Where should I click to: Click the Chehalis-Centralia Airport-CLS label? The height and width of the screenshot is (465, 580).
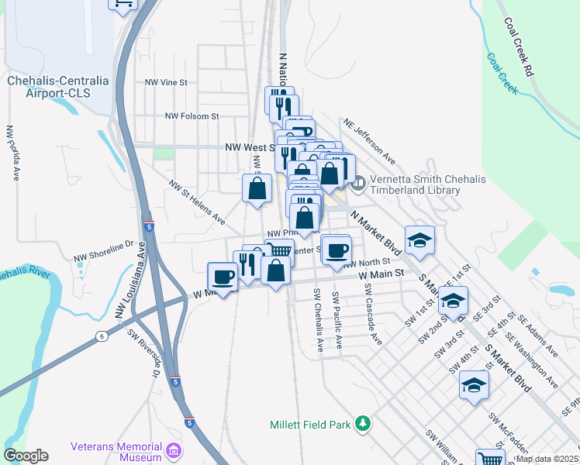(x=49, y=86)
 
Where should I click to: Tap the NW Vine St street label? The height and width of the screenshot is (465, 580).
(x=167, y=81)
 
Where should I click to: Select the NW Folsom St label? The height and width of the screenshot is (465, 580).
(x=192, y=116)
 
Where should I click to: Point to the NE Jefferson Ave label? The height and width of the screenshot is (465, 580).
(x=369, y=140)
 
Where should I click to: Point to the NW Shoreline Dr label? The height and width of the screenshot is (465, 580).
(x=104, y=251)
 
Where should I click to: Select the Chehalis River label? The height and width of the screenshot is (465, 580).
(x=24, y=274)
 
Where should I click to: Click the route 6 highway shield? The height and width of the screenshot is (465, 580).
(x=102, y=336)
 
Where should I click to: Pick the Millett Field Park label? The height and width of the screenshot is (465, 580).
(x=309, y=425)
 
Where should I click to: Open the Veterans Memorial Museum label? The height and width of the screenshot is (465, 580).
(x=116, y=452)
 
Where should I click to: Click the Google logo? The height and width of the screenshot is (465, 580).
(x=26, y=456)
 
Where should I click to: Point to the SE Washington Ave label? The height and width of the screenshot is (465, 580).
(x=532, y=356)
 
